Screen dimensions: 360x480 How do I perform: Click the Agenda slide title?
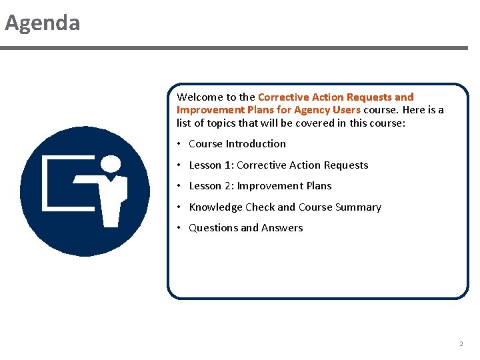point(43,23)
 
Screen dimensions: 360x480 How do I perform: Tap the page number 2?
point(461,344)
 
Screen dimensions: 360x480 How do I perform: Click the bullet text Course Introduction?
point(237,144)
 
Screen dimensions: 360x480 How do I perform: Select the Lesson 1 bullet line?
point(278,165)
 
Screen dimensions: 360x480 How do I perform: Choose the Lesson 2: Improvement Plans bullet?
point(260,186)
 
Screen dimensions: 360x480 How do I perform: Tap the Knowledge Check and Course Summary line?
point(285,207)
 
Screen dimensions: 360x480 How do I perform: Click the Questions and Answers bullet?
point(245,228)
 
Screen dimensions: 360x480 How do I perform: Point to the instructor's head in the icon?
point(111,164)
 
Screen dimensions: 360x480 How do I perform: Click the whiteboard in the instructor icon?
point(63,183)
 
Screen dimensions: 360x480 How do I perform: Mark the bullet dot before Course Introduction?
point(179,144)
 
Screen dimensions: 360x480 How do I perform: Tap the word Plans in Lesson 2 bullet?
point(319,186)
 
